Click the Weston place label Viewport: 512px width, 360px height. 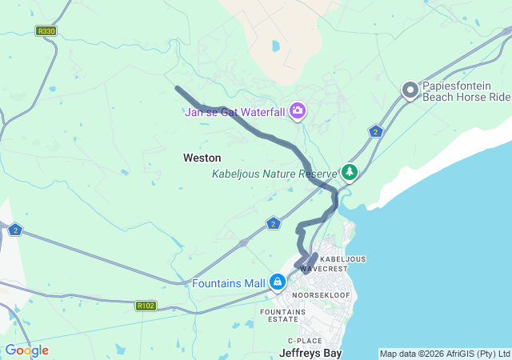click(202, 158)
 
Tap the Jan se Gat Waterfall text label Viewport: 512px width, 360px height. click(235, 112)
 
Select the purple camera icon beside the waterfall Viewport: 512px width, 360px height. click(298, 110)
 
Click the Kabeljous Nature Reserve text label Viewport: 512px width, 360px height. click(274, 174)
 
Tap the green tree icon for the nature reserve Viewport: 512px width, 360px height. click(350, 172)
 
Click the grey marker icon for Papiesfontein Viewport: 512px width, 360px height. click(410, 90)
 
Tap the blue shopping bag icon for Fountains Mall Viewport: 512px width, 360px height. click(278, 282)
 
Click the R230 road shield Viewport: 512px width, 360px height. click(46, 31)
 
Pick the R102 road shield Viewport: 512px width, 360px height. click(146, 306)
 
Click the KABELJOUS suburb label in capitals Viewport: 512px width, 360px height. click(342, 259)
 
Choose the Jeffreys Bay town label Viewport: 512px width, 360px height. click(310, 352)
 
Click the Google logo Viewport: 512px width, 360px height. click(26, 350)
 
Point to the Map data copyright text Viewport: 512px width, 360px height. click(444, 354)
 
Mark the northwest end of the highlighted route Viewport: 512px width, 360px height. click(177, 88)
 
